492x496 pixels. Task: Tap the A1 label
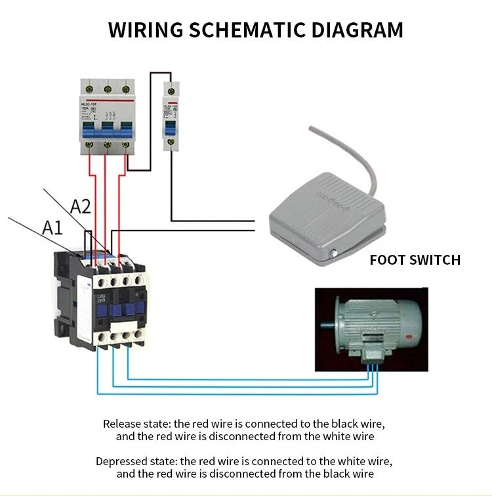point(52,228)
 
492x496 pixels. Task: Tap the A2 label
point(80,207)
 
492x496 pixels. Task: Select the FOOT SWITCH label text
point(415,259)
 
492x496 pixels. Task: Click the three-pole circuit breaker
point(107,116)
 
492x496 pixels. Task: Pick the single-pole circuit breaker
point(171,114)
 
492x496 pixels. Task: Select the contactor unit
point(100,299)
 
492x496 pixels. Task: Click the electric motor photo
point(371,329)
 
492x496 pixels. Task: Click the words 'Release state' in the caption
point(133,424)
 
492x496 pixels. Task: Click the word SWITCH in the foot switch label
point(434,259)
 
